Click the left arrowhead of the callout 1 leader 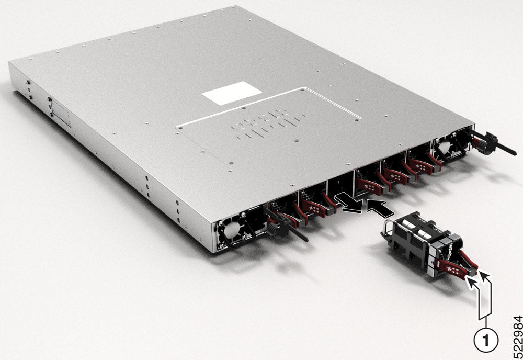(471, 283)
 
